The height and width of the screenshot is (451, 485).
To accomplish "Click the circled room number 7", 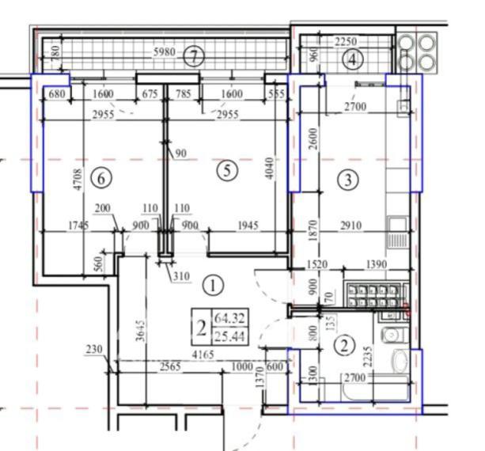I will pos(193,56).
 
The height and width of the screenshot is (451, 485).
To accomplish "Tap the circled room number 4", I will pos(353,59).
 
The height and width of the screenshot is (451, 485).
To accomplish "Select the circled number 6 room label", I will pos(100,178).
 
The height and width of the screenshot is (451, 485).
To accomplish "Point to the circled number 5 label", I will pos(227,169).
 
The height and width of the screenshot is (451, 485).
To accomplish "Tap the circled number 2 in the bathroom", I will pos(343,344).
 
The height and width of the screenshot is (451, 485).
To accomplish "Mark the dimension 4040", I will pos(271,165).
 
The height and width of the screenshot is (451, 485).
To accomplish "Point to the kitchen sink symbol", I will pos(396,235).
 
